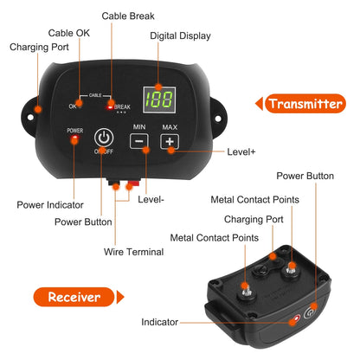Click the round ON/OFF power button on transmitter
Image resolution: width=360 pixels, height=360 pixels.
105,138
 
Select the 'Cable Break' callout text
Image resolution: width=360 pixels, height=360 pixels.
130,16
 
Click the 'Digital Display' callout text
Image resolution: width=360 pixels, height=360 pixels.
181,36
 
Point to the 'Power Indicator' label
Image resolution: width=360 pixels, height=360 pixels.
50,205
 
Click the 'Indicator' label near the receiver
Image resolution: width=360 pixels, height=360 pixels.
160,322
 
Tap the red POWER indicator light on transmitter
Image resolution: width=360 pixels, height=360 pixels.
75,138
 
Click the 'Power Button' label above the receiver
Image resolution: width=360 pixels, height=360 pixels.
305,176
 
